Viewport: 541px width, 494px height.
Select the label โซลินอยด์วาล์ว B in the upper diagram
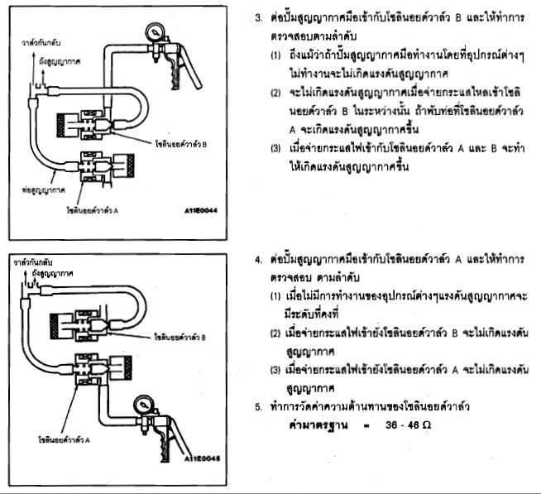pos(181,145)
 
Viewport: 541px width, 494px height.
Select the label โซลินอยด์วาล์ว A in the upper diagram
pos(90,211)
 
